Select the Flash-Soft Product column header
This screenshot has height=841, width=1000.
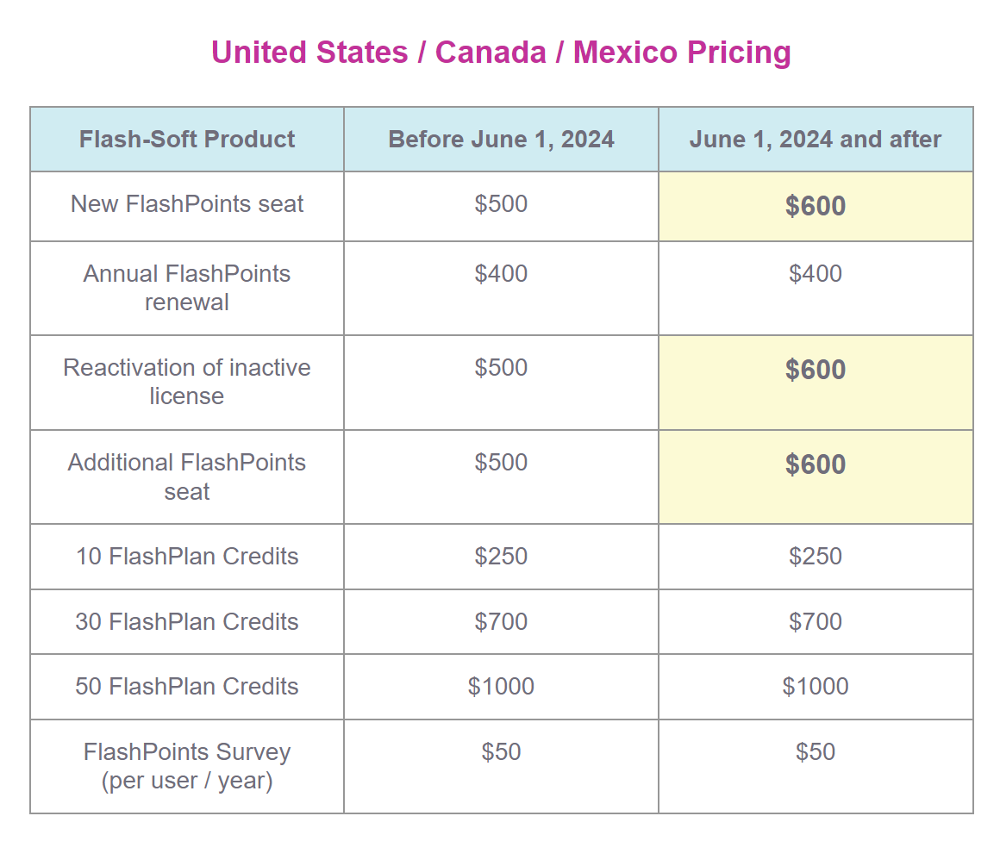(187, 140)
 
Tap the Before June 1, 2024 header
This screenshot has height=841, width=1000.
(501, 140)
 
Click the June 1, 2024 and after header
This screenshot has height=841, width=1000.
(815, 140)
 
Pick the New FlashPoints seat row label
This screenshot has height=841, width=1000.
(187, 204)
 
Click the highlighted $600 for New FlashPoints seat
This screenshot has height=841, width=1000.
(815, 206)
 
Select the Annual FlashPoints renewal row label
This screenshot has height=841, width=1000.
(187, 288)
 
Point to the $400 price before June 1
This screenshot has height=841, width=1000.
(501, 274)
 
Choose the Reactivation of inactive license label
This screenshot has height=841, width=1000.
(187, 382)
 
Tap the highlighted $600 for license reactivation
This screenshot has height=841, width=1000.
(815, 370)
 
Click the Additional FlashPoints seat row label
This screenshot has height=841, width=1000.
(187, 477)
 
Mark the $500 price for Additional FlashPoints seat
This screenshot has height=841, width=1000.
(501, 463)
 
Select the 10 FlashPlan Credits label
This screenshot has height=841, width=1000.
(187, 557)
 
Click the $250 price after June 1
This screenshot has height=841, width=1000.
(815, 557)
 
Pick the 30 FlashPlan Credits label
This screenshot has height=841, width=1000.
(187, 622)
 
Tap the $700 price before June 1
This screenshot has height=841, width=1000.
(501, 622)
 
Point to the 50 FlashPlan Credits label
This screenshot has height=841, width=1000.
(187, 687)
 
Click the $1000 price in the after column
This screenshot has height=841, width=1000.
(815, 687)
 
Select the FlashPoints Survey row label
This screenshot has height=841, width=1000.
(187, 766)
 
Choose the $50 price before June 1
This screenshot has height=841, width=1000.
(501, 752)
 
